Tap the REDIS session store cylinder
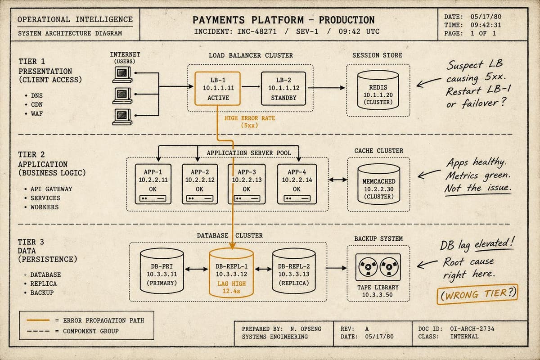[378, 90]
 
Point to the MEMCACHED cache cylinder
[379, 184]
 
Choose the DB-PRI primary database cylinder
[162, 271]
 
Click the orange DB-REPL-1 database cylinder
[231, 273]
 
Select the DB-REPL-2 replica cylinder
[294, 271]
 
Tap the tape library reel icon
[378, 267]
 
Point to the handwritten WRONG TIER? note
[477, 294]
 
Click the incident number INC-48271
[257, 31]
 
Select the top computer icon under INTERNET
[122, 75]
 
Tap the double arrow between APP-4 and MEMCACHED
[338, 180]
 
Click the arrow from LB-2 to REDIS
[326, 88]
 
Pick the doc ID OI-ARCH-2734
[472, 328]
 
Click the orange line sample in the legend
[38, 320]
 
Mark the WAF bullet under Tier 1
[34, 113]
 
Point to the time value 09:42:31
[486, 25]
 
